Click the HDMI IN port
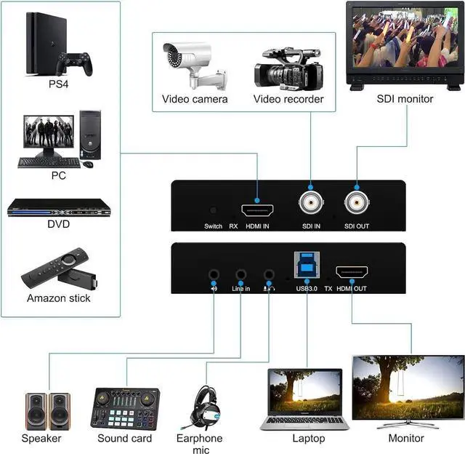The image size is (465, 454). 258,211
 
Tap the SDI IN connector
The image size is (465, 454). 311,203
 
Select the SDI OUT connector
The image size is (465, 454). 357,203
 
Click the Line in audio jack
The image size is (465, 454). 240,276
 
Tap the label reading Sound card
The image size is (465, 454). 125,438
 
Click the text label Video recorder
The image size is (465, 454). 288,99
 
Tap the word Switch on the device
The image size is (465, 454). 213,226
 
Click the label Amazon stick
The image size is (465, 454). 59,298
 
